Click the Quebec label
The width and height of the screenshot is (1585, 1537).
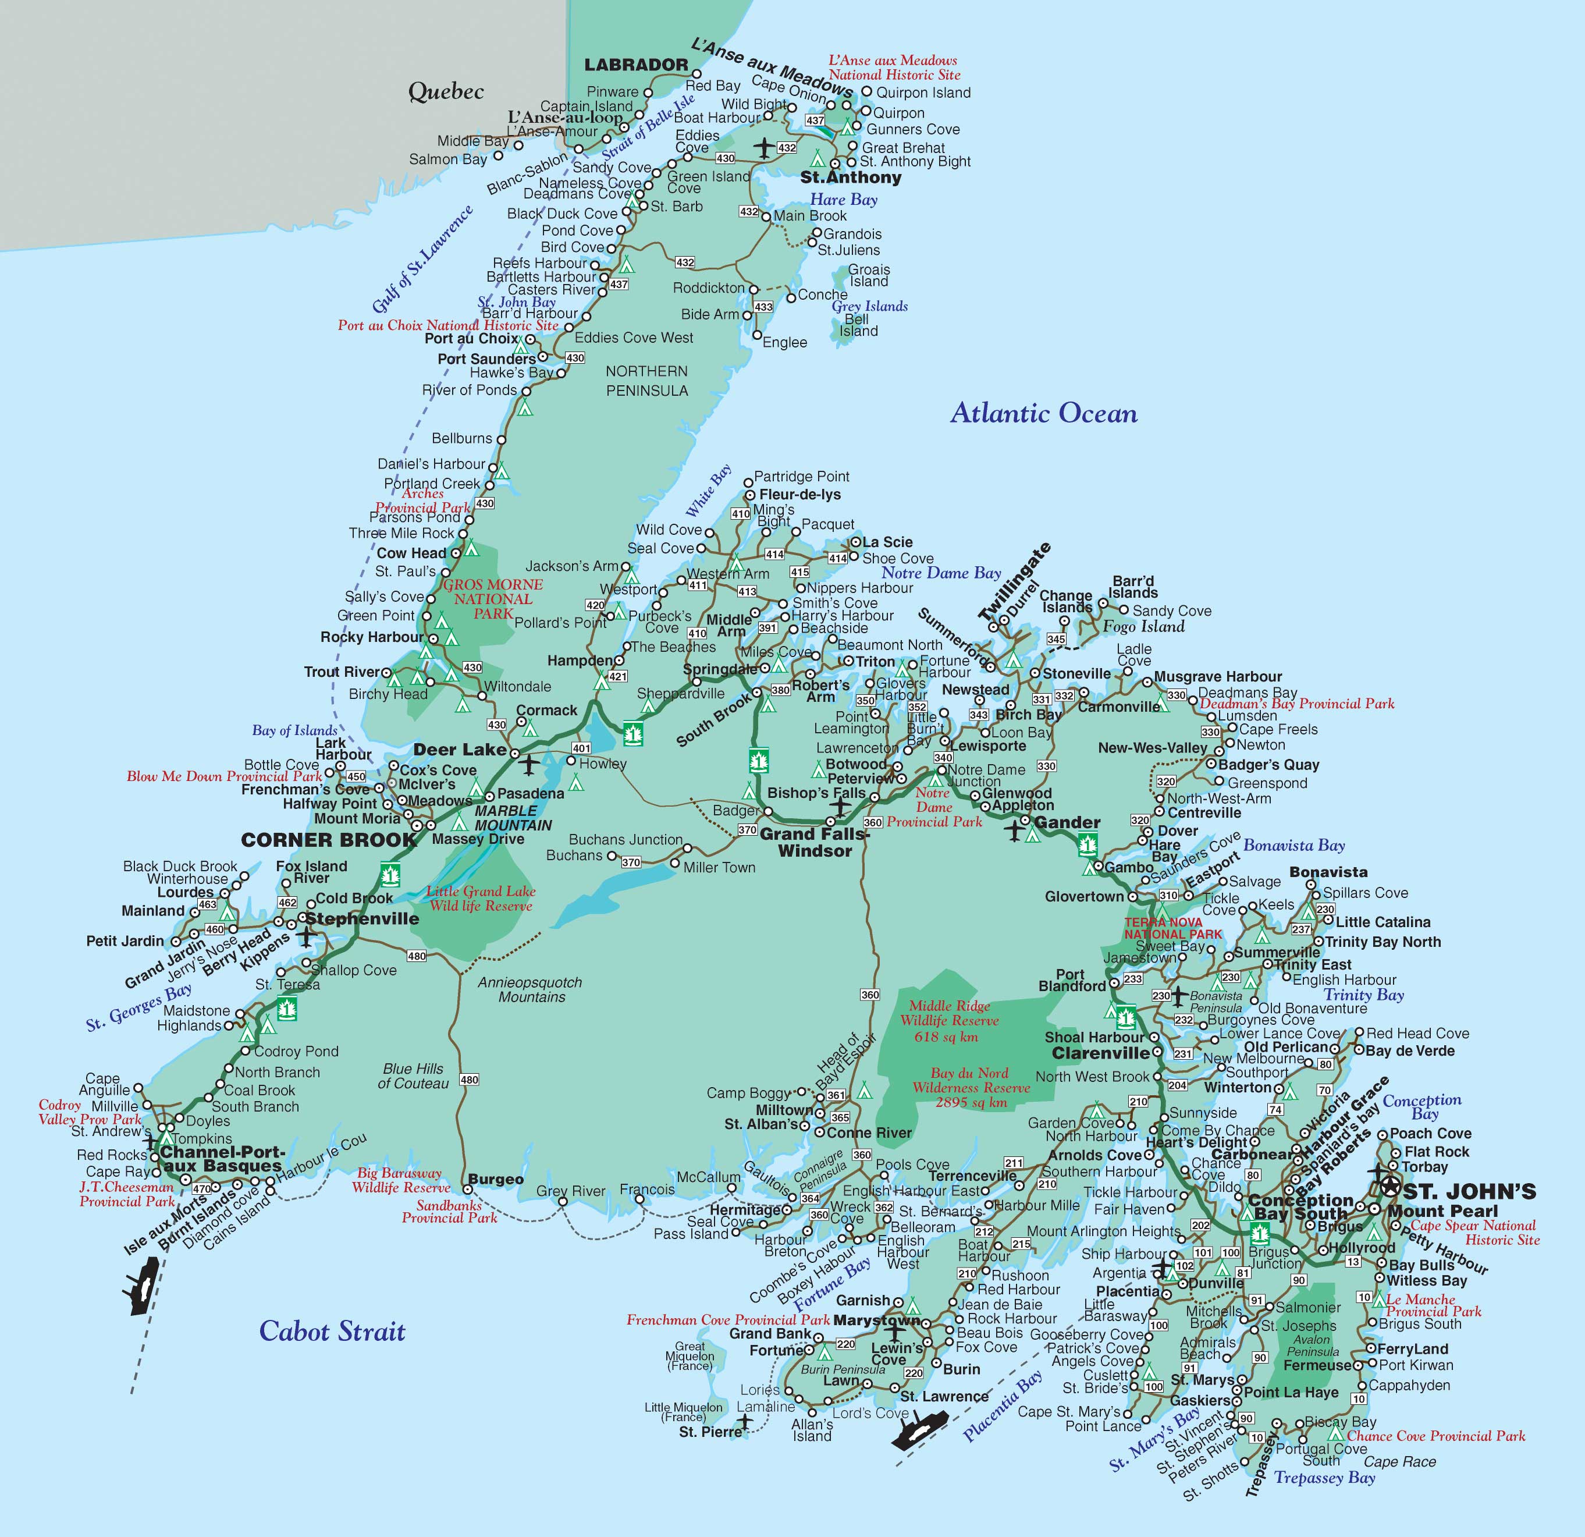click(x=446, y=91)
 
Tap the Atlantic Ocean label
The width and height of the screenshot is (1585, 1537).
click(x=1043, y=413)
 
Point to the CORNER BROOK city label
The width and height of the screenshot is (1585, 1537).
click(x=328, y=840)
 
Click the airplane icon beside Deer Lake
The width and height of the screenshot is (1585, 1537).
click(x=529, y=763)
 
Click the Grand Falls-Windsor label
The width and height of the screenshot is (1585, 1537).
click(x=813, y=842)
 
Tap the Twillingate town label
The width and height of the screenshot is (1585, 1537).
click(x=1016, y=581)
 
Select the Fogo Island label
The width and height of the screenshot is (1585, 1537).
click(x=1143, y=626)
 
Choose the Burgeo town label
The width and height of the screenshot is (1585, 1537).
click(x=496, y=1180)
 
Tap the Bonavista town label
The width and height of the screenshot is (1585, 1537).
click(x=1328, y=872)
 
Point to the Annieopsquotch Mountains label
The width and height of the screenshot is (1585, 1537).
click(x=529, y=989)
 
